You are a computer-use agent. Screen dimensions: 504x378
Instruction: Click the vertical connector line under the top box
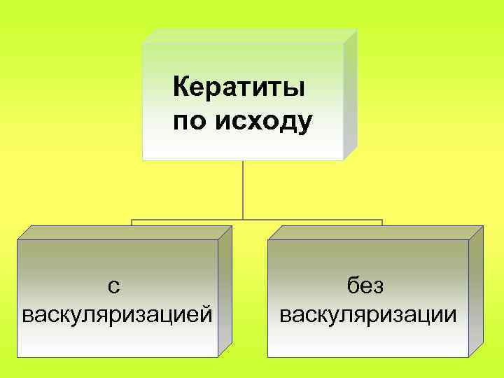point(243,189)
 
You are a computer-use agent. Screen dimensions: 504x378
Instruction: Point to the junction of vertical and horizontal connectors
point(243,220)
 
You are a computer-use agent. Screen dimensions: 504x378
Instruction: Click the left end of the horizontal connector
point(132,220)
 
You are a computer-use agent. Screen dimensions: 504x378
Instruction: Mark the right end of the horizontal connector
point(382,220)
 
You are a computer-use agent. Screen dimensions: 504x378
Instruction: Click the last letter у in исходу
point(305,124)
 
